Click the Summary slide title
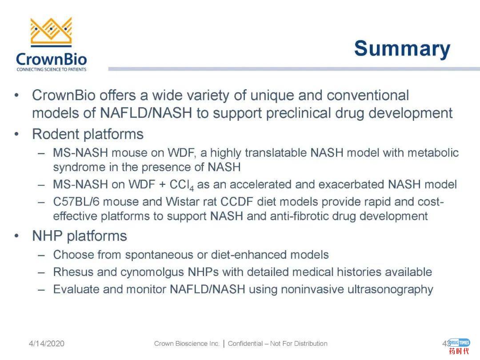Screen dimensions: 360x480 pyautogui.click(x=402, y=49)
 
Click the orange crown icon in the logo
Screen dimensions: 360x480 pyautogui.click(x=51, y=32)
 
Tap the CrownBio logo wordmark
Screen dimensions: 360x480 pyautogui.click(x=51, y=59)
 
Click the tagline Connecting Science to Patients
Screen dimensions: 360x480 pyautogui.click(x=51, y=69)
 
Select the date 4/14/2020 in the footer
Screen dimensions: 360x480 pyautogui.click(x=47, y=344)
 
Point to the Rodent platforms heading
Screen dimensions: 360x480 pyautogui.click(x=88, y=134)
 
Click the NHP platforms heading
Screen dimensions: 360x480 pyautogui.click(x=80, y=236)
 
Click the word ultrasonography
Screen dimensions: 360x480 pyautogui.click(x=390, y=289)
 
